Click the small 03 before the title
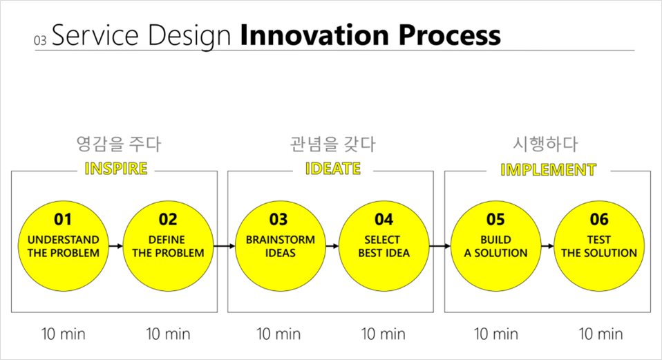pyautogui.click(x=40, y=41)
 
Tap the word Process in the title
pyautogui.click(x=450, y=35)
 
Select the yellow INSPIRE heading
pyautogui.click(x=116, y=169)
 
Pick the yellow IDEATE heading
pyautogui.click(x=333, y=169)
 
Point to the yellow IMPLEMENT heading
pyautogui.click(x=549, y=170)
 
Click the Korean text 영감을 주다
pyautogui.click(x=119, y=144)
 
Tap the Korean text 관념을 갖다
pyautogui.click(x=332, y=144)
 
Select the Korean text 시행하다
pyautogui.click(x=545, y=144)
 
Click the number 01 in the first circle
pyautogui.click(x=63, y=220)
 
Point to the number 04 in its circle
pyautogui.click(x=384, y=220)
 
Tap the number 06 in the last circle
pyautogui.click(x=599, y=220)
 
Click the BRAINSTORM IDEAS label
pyautogui.click(x=281, y=246)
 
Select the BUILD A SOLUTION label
pyautogui.click(x=495, y=246)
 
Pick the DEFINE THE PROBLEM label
pyautogui.click(x=168, y=246)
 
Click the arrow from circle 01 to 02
pyautogui.click(x=115, y=246)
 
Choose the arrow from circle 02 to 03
pyautogui.click(x=224, y=246)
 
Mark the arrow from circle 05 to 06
pyautogui.click(x=547, y=246)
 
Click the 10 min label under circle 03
pyautogui.click(x=278, y=334)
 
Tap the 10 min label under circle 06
pyautogui.click(x=600, y=334)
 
